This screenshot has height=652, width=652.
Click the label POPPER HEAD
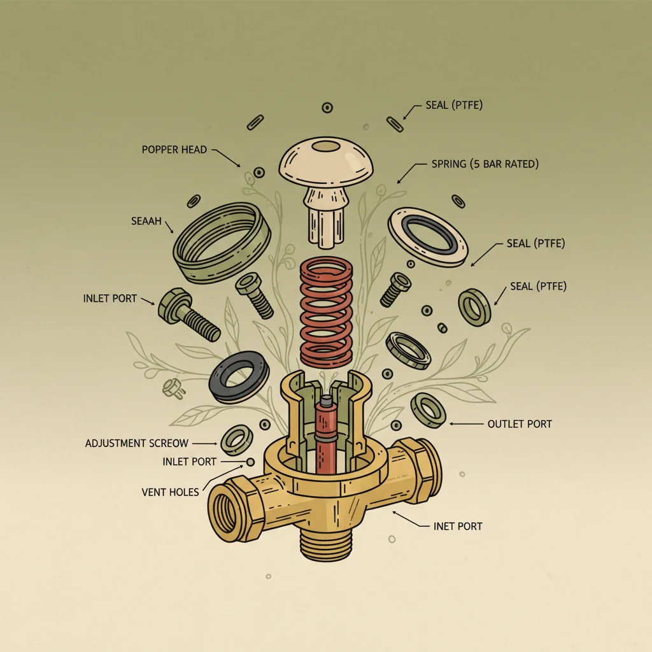coord(174,150)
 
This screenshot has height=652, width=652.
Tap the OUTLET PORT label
coord(519,423)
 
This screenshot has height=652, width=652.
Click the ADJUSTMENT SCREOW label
coord(136,443)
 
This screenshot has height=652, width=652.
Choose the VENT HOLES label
coord(170,492)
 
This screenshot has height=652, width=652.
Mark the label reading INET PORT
coord(457,526)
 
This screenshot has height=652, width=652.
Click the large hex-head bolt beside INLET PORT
coord(190,315)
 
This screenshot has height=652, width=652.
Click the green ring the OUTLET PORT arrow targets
coord(429,410)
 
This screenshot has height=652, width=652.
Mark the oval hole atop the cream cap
coord(326,146)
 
